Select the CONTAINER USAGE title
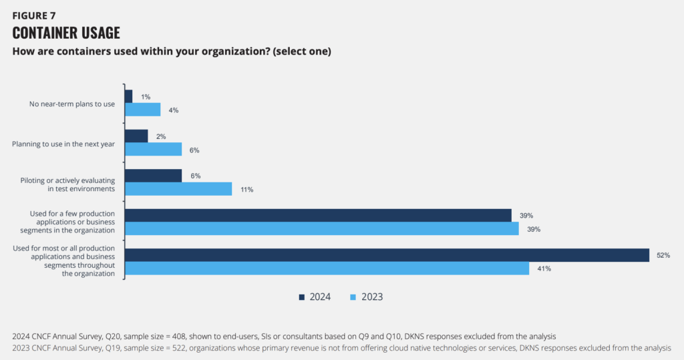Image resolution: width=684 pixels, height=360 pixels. [66, 33]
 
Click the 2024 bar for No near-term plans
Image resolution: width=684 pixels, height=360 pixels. [129, 96]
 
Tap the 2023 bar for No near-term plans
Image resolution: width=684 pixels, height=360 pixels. [143, 110]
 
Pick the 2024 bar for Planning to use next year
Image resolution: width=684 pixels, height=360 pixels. [136, 136]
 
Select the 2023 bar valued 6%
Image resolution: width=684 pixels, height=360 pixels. [154, 149]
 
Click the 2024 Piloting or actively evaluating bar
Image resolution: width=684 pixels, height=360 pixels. [154, 176]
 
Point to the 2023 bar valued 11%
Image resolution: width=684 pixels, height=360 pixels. [178, 189]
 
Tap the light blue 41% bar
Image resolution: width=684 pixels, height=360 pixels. [327, 268]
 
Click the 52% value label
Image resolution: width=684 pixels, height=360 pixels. [663, 256]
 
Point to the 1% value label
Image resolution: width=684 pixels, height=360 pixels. [146, 97]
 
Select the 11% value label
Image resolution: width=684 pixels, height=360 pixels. [246, 190]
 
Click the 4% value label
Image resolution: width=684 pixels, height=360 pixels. [174, 110]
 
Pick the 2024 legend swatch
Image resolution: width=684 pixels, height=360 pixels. [301, 297]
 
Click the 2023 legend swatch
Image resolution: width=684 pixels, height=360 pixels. [353, 297]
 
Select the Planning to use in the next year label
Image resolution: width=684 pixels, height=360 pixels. [64, 143]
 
